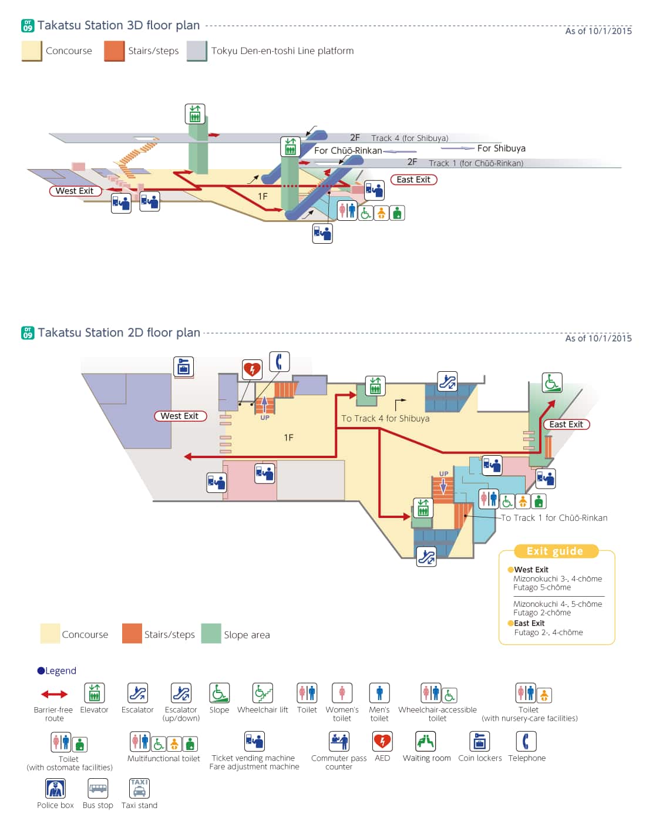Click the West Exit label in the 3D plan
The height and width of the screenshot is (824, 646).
pos(75,191)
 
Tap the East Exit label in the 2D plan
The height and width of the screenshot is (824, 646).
pos(566,424)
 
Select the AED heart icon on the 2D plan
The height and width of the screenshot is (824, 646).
pos(252,369)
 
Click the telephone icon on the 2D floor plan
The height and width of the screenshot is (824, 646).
pos(279,361)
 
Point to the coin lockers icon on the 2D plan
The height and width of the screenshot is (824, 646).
pos(183,366)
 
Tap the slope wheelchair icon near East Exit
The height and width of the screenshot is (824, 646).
pos(551,382)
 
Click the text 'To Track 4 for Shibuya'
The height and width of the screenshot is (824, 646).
pos(385,418)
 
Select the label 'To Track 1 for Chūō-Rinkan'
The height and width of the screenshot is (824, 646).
pos(554,517)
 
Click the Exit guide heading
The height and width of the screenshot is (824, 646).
pos(555,551)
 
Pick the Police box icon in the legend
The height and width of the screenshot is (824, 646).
pos(55,788)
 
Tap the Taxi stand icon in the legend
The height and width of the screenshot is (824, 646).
pos(139,788)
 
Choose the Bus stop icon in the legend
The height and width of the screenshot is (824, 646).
pos(97,788)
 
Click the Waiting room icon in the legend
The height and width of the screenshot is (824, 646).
pos(426,741)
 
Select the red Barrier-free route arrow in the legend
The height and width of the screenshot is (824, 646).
pos(54,694)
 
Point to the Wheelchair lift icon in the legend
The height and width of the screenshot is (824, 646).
pos(263,693)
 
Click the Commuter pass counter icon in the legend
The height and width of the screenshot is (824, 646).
pos(339,741)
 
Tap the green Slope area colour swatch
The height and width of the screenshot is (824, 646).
pos(211,634)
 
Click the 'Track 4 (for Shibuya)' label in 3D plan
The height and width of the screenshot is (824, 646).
pos(409,138)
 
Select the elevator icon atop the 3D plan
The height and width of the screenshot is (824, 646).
pos(195,113)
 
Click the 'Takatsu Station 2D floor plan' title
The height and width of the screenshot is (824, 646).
pos(119,332)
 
